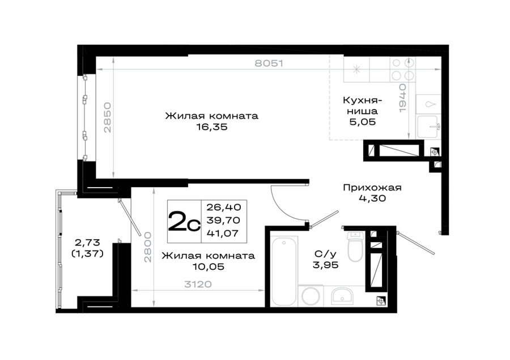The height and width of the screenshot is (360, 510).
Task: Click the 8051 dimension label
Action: (x=269, y=63)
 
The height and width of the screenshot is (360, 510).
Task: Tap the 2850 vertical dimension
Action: (x=108, y=117)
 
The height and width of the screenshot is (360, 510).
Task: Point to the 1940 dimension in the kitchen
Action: (x=403, y=98)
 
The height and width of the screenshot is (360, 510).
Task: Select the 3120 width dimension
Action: (x=198, y=285)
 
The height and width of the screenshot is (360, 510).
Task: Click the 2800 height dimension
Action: (x=148, y=247)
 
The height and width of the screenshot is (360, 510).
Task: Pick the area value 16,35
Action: (x=212, y=127)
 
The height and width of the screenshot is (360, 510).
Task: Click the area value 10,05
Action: (x=209, y=267)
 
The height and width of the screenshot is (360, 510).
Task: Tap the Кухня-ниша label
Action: (x=362, y=105)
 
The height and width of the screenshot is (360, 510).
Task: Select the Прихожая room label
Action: (x=372, y=188)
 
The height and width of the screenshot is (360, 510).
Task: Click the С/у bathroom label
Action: (x=325, y=254)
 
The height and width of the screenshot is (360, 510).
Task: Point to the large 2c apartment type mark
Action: (x=184, y=222)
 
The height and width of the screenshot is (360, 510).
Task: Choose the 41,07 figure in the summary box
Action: (x=223, y=233)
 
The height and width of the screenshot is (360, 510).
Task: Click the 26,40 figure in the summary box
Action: (x=223, y=207)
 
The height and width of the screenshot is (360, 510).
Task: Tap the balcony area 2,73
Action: (x=87, y=243)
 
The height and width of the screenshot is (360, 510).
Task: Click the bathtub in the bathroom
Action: (x=284, y=271)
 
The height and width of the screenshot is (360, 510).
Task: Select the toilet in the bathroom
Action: (x=355, y=247)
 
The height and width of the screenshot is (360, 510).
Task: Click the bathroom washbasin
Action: (x=342, y=296)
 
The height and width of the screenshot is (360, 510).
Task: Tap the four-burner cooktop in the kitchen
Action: (x=403, y=69)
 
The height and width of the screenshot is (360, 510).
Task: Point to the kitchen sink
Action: (x=428, y=127)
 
